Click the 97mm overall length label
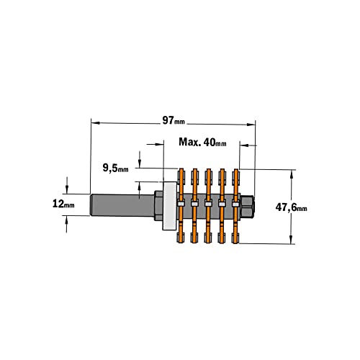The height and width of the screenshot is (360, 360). click(174, 120)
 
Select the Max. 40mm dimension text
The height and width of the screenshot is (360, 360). click(202, 142)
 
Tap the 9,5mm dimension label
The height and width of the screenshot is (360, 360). click(115, 168)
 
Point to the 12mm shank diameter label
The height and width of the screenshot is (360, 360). click(63, 204)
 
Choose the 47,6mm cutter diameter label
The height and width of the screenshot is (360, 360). click(291, 207)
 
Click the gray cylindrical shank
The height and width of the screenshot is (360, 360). click(122, 205)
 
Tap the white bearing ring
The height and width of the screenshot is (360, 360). click(170, 206)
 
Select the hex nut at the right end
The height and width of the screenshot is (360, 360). click(247, 207)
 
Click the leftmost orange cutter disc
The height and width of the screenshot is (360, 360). click(181, 206)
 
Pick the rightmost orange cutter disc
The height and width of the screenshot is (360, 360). click(236, 206)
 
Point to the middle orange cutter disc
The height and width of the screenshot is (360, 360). click(208, 206)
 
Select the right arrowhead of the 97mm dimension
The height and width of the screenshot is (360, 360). click(251, 125)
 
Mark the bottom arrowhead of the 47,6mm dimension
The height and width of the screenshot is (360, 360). click(291, 240)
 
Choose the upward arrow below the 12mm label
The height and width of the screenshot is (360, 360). click(66, 224)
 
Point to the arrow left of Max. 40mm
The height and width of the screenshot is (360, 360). click(155, 144)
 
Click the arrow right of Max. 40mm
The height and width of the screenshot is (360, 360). click(248, 145)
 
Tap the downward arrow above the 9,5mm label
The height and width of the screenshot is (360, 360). click(139, 159)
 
